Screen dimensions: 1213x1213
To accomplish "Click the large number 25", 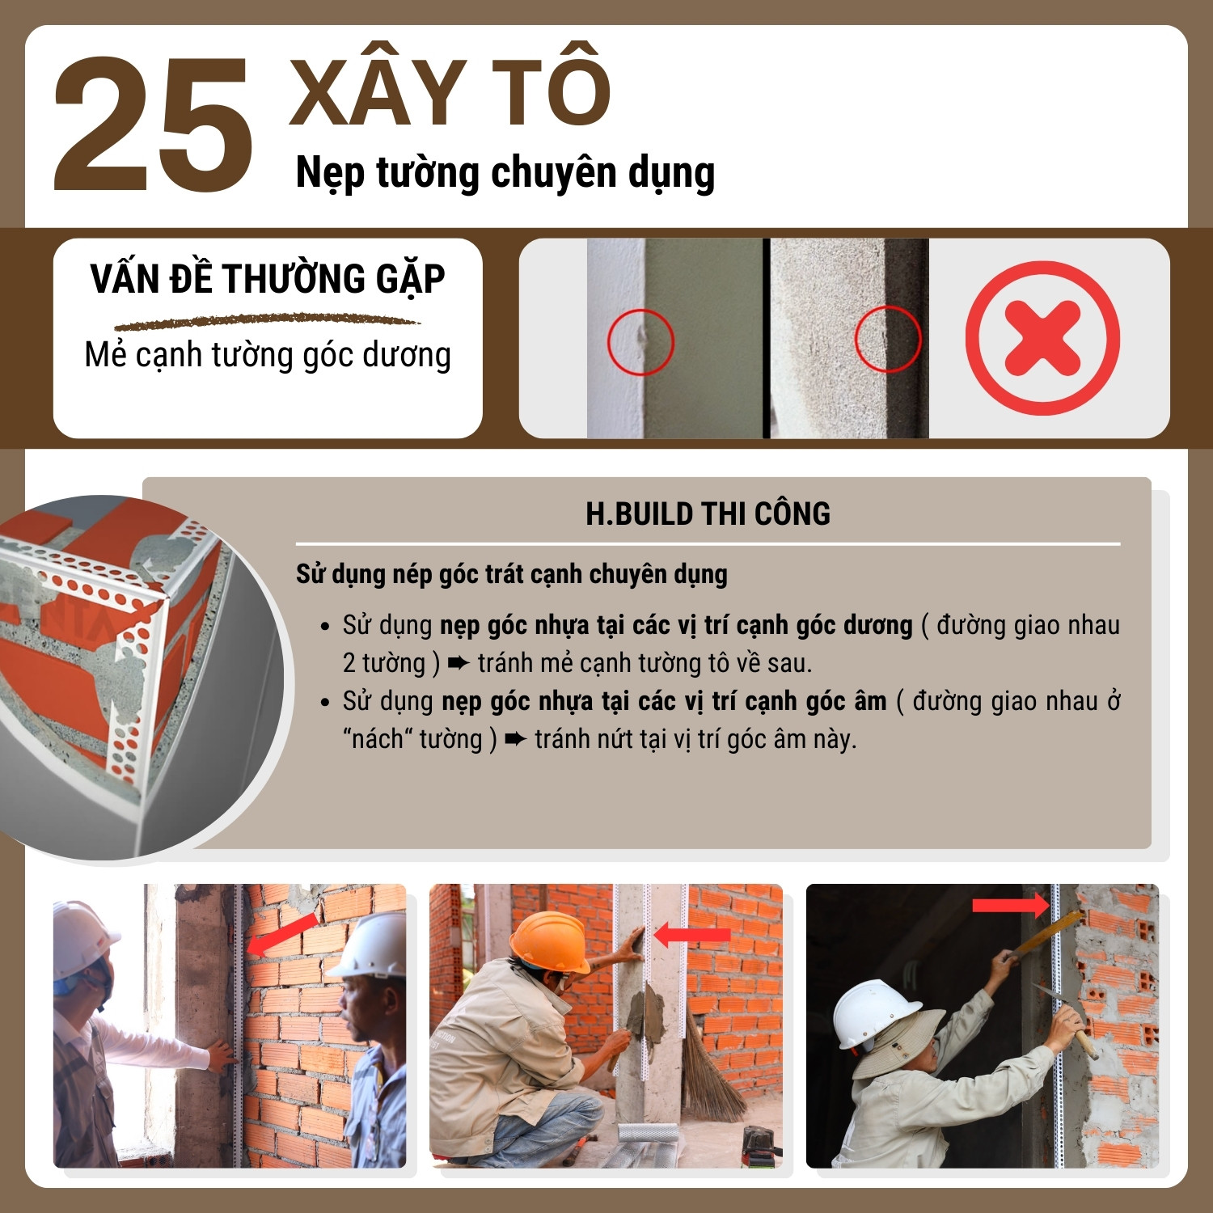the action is (x=152, y=125).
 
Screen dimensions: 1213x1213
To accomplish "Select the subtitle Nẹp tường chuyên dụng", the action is (x=505, y=173).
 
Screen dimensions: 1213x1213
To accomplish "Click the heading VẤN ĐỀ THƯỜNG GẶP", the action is (x=268, y=279).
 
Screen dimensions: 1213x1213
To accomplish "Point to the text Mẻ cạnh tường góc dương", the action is (x=268, y=355).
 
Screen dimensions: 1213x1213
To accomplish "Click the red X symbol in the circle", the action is (x=1042, y=338).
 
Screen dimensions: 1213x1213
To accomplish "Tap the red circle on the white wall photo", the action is (x=640, y=341).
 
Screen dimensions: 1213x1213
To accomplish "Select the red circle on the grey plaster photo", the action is (x=888, y=338).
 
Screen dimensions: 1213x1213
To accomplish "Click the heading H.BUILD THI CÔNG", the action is (x=708, y=514).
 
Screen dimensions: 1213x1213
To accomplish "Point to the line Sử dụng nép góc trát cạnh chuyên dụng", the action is (x=512, y=574).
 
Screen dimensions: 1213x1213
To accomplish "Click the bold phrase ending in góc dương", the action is (x=676, y=626).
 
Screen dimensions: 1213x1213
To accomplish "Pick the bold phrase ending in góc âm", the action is (x=664, y=702).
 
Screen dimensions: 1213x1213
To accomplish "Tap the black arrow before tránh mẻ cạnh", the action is (x=459, y=664).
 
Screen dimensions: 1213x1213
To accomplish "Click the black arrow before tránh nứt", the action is (x=515, y=739).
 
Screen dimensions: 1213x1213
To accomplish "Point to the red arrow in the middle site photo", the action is (x=691, y=936).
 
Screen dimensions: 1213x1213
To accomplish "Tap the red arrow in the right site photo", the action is (x=1010, y=906).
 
